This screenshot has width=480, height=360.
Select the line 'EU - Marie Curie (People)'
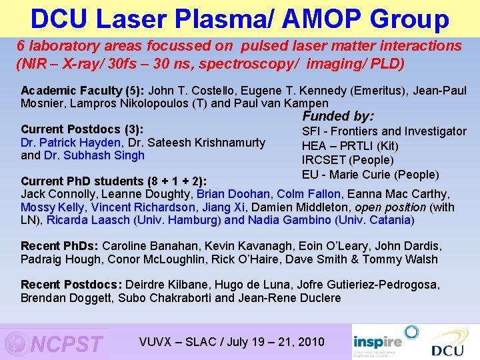370,175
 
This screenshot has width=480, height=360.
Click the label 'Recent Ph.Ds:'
60,246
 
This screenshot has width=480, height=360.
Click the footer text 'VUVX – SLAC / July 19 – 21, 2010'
231,342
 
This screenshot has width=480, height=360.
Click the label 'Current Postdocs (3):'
83,129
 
